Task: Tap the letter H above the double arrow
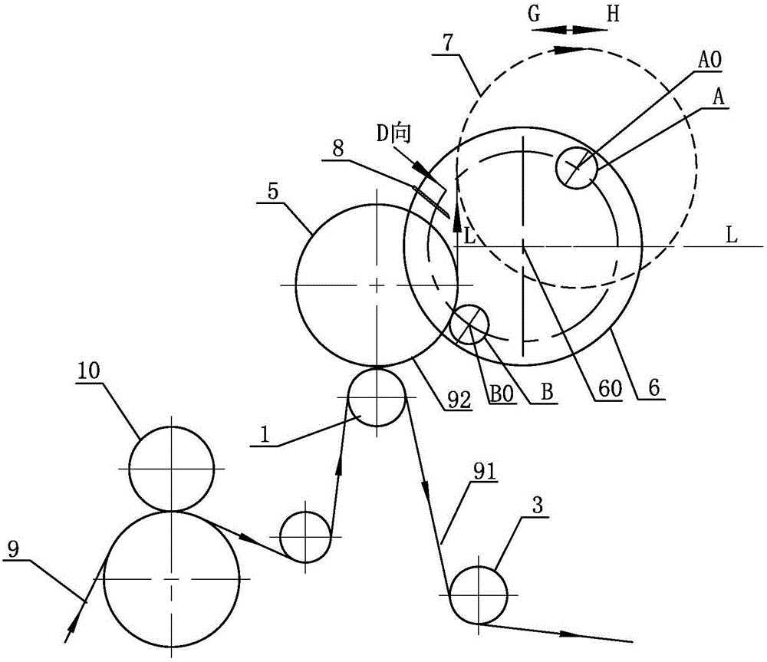pos(611,15)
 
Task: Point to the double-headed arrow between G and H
pos(568,30)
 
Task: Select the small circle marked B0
pos(469,324)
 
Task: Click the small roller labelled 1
pos(377,397)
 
